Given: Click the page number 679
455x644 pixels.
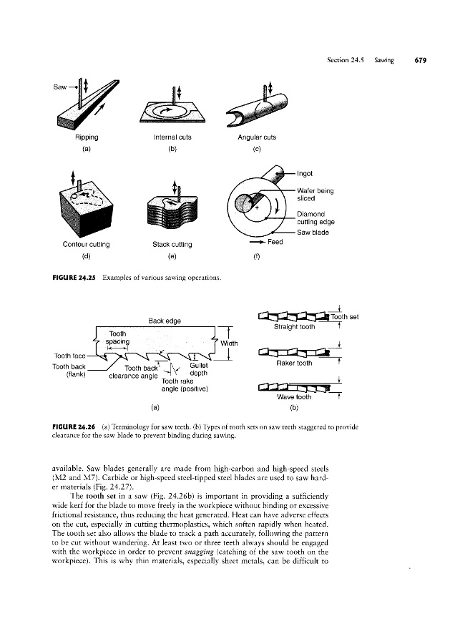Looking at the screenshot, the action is tap(421, 60).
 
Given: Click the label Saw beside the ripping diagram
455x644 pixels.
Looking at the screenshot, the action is tap(59, 87).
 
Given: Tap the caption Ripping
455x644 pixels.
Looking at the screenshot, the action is tap(87, 137).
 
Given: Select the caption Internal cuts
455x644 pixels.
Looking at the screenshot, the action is tap(172, 137).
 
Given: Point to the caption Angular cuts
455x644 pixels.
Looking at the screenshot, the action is tap(257, 137).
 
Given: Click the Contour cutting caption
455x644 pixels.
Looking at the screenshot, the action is tap(87, 245).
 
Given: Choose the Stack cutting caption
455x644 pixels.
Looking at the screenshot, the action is tap(172, 245).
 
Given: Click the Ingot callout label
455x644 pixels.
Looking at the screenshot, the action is tap(305, 173).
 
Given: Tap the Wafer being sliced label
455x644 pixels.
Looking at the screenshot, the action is tap(315, 195).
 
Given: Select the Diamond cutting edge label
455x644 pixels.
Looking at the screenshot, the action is tap(315, 218).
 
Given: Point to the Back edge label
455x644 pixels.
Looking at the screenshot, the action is tap(165, 321).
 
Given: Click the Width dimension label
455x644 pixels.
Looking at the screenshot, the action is tap(229, 343).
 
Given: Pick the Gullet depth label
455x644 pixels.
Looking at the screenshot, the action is tap(199, 369).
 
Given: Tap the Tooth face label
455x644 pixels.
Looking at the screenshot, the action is tap(70, 356).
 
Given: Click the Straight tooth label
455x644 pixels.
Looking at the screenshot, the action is tap(295, 327).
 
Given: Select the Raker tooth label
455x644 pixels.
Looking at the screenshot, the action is tap(295, 363).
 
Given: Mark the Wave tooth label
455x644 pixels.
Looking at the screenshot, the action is tap(295, 396).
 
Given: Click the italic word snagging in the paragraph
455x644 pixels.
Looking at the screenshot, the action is tap(199, 552).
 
